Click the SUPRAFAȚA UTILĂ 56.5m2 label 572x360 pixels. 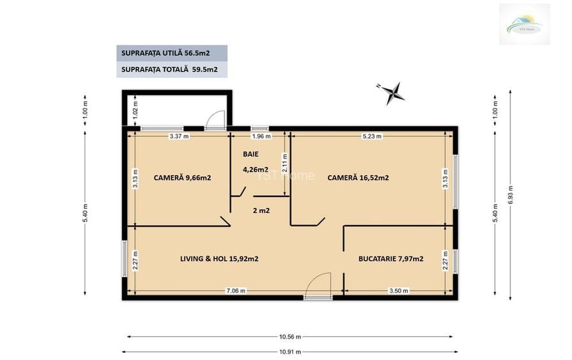click(171, 53)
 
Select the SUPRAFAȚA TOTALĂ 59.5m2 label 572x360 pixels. click(171, 70)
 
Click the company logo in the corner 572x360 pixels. click(524, 24)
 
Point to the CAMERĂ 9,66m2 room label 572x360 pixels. click(182, 178)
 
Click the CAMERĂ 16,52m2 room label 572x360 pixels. click(358, 178)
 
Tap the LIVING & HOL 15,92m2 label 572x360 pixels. click(219, 259)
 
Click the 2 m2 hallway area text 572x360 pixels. click(261, 210)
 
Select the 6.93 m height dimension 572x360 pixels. click(509, 199)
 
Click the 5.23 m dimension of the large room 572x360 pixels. click(373, 136)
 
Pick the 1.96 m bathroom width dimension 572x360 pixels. click(261, 136)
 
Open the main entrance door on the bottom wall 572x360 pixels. click(318, 286)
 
